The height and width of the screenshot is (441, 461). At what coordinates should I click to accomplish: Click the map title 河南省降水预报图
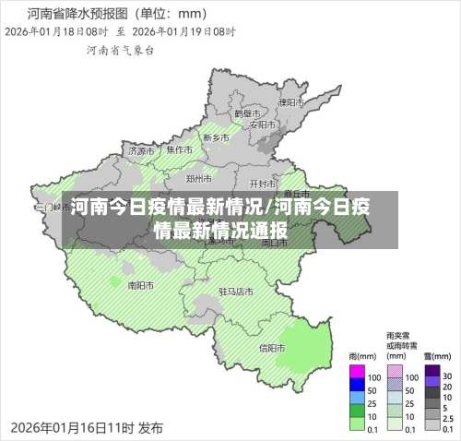pyautogui.click(x=78, y=14)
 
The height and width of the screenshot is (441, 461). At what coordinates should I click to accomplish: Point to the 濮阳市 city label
pyautogui.click(x=292, y=102)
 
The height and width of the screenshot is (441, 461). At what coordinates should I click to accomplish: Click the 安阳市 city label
pyautogui.click(x=261, y=123)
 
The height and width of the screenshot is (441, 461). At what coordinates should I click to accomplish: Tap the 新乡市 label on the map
pyautogui.click(x=217, y=137)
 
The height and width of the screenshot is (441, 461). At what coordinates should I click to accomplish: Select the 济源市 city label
pyautogui.click(x=142, y=149)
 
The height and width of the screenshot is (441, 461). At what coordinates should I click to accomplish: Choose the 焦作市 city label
pyautogui.click(x=180, y=149)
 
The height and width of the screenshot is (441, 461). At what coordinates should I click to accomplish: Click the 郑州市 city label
pyautogui.click(x=199, y=178)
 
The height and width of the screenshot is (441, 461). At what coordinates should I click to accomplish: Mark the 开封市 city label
pyautogui.click(x=263, y=184)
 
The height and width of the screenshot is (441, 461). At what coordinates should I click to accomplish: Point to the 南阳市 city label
pyautogui.click(x=140, y=285)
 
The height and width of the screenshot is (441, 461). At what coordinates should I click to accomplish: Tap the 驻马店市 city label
pyautogui.click(x=235, y=291)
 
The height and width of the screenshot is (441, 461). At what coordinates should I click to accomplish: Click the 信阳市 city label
pyautogui.click(x=272, y=348)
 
